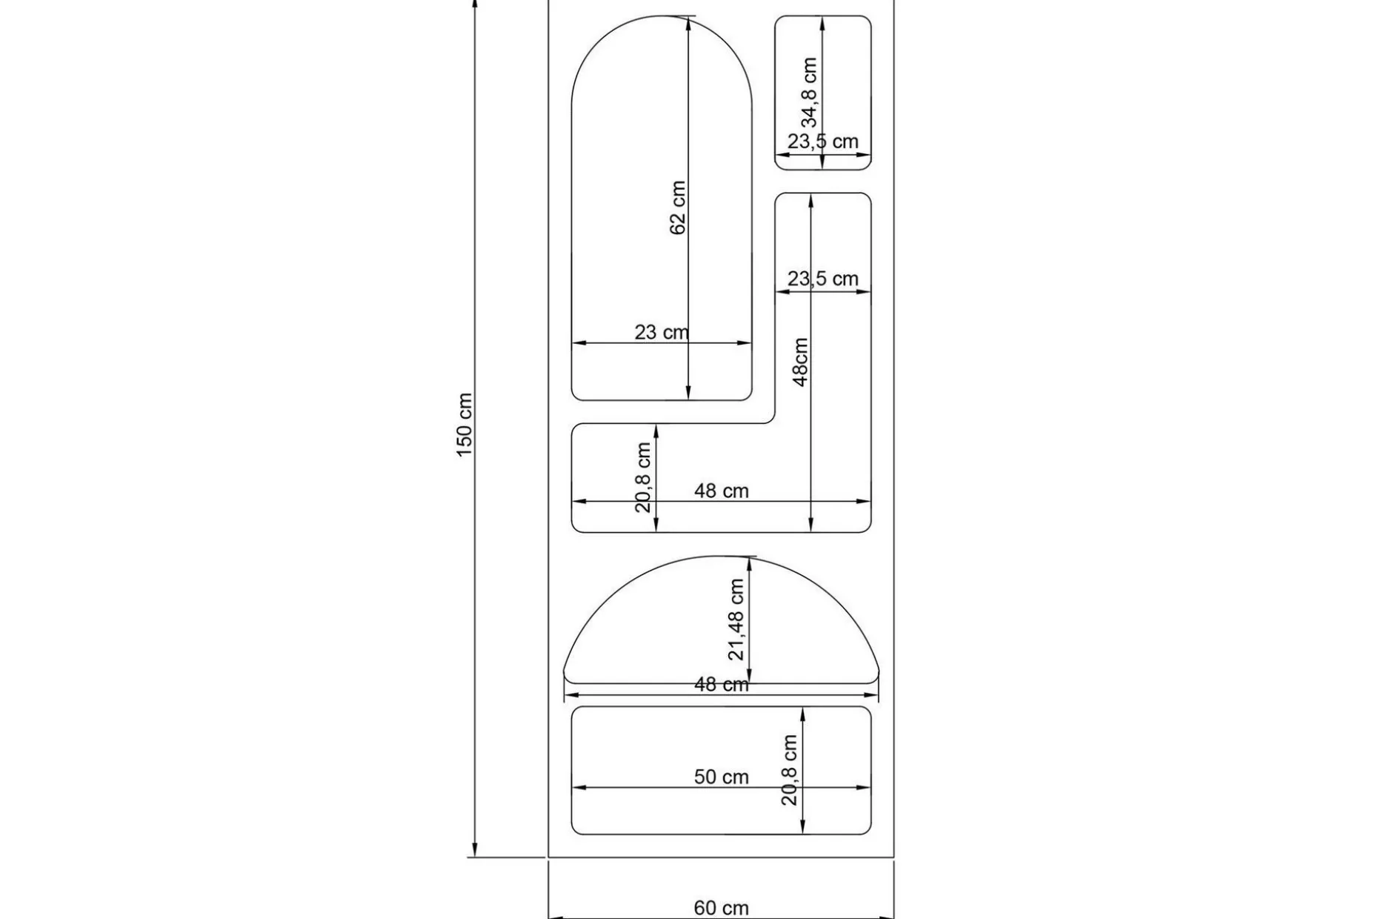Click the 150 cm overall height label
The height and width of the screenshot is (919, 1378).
click(464, 425)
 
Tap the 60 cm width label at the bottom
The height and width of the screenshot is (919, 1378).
click(721, 908)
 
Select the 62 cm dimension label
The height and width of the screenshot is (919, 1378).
click(677, 208)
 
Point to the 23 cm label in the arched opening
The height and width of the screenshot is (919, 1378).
click(662, 332)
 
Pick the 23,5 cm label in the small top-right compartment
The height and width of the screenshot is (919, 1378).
click(822, 142)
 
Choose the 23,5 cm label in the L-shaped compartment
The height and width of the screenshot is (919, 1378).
click(822, 279)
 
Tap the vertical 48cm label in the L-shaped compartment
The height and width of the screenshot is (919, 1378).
click(800, 362)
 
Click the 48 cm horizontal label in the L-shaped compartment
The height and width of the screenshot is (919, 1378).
click(721, 491)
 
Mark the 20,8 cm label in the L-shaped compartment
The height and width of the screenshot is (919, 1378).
click(643, 477)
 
